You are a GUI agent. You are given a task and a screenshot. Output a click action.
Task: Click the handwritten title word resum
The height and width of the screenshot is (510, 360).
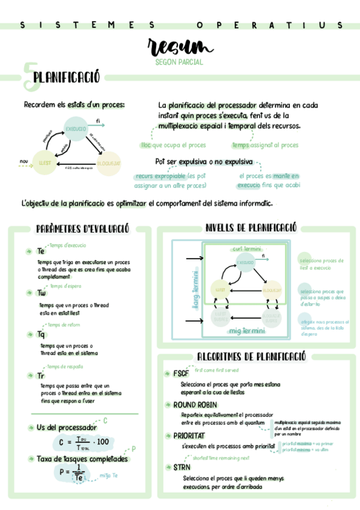click(180, 47)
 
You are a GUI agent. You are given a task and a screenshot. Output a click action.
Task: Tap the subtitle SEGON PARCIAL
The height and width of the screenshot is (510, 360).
click(179, 62)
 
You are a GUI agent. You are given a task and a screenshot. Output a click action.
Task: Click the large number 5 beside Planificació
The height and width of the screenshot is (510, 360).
click(27, 76)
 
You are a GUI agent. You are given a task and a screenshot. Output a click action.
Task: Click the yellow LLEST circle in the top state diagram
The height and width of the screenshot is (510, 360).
click(44, 163)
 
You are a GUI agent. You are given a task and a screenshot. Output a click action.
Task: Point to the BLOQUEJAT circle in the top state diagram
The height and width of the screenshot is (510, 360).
click(108, 163)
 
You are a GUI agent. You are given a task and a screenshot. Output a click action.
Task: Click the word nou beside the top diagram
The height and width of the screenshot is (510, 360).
click(24, 161)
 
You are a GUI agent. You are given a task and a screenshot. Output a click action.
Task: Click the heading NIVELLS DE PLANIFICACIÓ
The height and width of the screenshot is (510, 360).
click(251, 228)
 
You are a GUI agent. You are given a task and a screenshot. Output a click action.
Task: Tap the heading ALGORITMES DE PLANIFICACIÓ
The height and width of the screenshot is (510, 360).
click(252, 357)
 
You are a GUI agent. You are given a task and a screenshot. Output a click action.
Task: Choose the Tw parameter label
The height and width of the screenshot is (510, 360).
click(41, 293)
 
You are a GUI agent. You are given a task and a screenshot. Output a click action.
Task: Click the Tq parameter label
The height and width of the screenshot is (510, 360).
click(41, 334)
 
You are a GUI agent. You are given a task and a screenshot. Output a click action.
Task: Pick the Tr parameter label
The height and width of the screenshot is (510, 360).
click(41, 375)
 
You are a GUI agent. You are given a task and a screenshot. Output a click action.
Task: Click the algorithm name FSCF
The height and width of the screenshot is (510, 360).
click(181, 373)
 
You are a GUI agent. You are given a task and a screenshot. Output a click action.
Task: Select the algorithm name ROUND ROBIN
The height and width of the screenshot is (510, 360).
click(195, 405)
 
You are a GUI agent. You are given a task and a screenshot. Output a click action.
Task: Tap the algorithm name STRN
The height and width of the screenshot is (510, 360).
click(182, 467)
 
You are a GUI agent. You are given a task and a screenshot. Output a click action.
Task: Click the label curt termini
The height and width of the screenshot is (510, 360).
click(246, 249)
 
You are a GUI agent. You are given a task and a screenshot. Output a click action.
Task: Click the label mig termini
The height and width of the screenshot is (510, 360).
click(246, 331)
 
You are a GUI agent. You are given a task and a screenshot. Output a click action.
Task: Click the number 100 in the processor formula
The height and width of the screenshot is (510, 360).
click(102, 442)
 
